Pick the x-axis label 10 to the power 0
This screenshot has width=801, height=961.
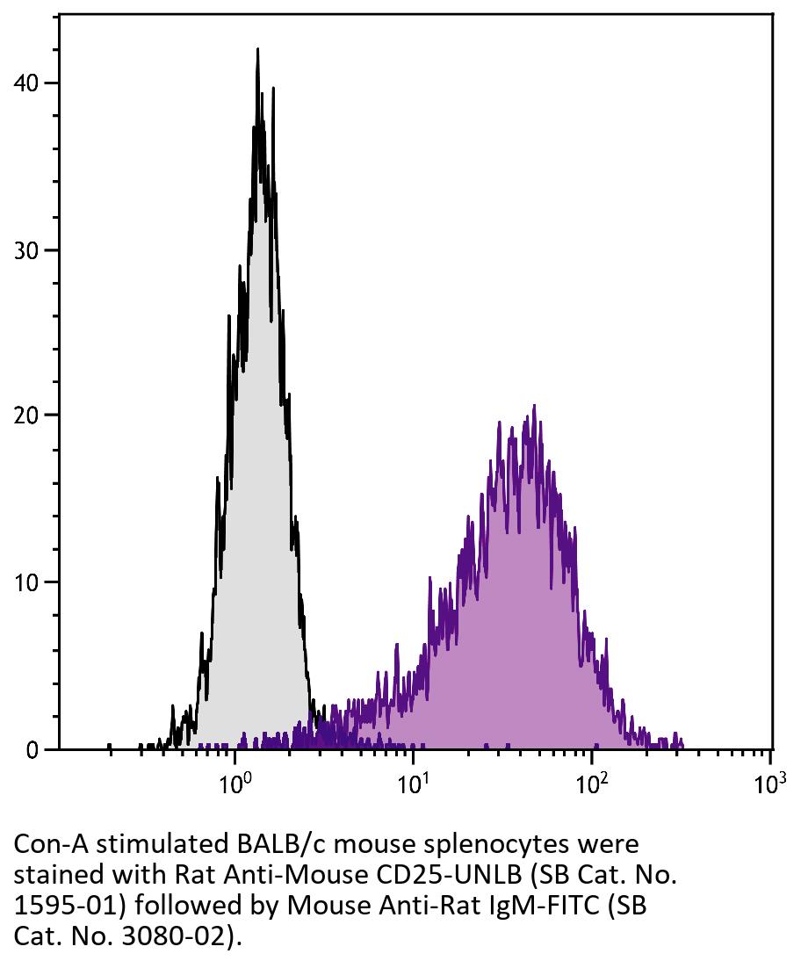tap(234, 783)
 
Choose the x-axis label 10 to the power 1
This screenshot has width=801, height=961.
tap(412, 783)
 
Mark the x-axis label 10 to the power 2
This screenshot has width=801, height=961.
tap(591, 783)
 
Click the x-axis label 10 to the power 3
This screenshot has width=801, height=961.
tap(769, 783)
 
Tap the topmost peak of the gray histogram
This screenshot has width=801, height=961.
tap(257, 50)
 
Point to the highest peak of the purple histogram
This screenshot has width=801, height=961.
tap(533, 407)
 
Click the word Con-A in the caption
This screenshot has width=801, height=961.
tap(50, 845)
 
